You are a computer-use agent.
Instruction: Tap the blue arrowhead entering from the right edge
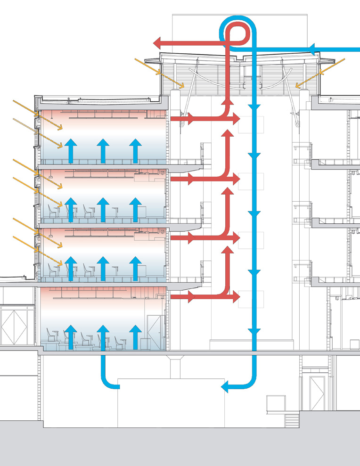(x=314, y=48)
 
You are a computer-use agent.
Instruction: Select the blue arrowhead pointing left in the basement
(x=226, y=387)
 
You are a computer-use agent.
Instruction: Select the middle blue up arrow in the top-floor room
(x=103, y=150)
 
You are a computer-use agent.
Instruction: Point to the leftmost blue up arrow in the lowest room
(x=71, y=337)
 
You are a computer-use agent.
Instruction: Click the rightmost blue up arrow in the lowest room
(x=136, y=337)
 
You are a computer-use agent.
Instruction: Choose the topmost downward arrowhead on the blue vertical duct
(x=254, y=108)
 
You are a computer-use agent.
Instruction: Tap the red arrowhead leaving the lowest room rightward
(x=191, y=297)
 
